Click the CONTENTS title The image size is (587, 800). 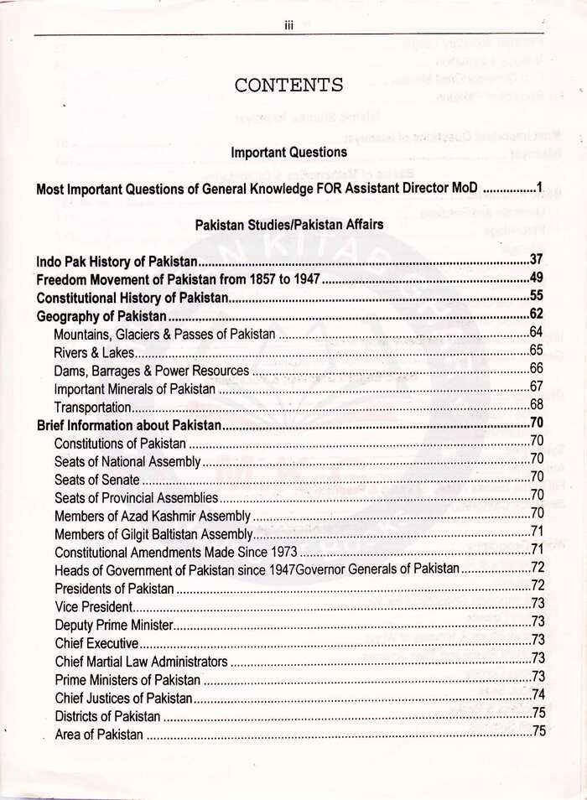[x=288, y=85]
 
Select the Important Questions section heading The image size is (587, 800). [x=288, y=153]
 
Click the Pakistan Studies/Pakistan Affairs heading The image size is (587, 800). [x=288, y=225]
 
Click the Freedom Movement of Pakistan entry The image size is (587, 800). [x=178, y=278]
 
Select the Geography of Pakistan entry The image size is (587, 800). [x=101, y=315]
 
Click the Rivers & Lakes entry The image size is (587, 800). [x=94, y=351]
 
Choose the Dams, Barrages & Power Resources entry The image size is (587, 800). [x=151, y=370]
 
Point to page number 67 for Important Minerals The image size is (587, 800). [x=538, y=387]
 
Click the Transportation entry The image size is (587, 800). [x=92, y=407]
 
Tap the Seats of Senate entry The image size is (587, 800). [x=96, y=480]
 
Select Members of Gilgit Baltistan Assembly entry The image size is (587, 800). [x=153, y=534]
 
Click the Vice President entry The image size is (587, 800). [x=93, y=606]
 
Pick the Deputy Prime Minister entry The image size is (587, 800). [x=113, y=625]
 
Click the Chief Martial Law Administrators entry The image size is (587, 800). [x=141, y=662]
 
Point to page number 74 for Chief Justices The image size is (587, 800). [x=538, y=695]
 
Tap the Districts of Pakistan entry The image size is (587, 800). [x=107, y=716]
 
